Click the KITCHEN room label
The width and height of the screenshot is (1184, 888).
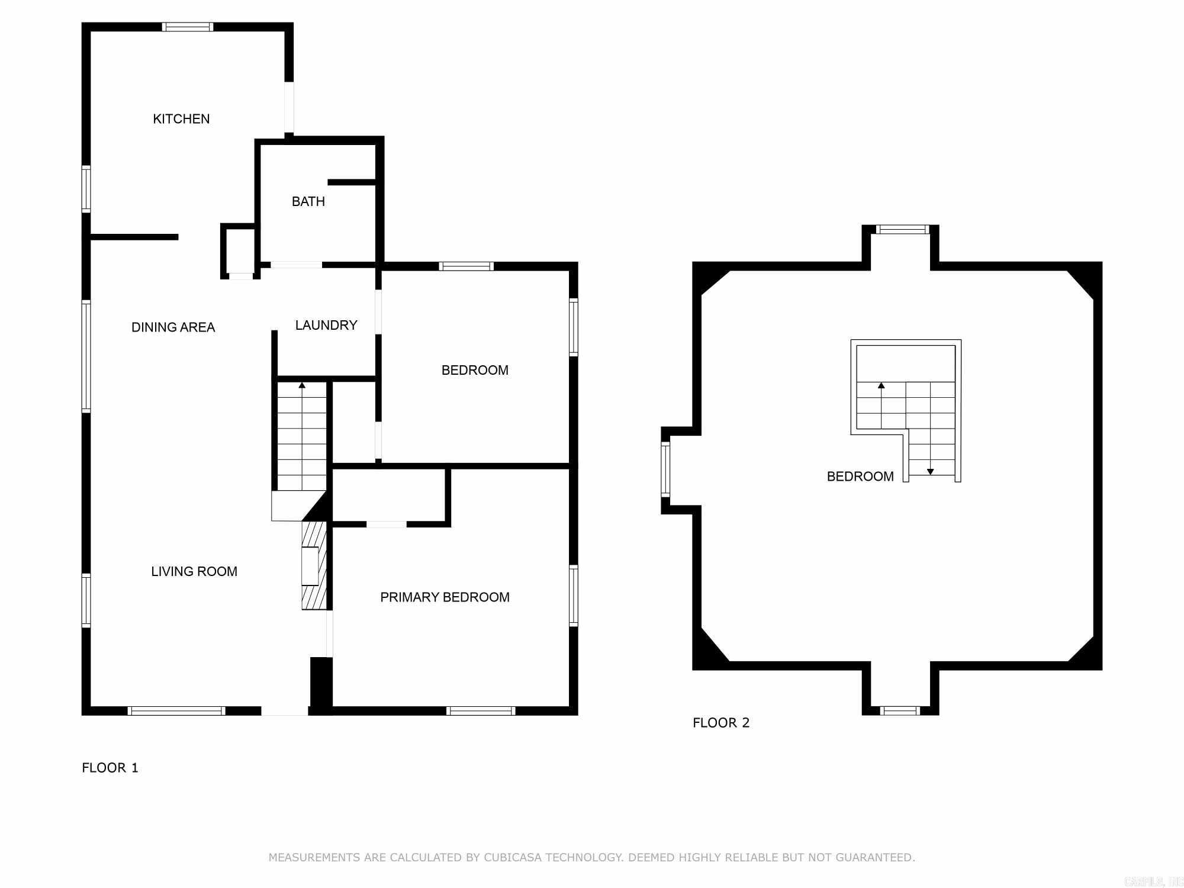[x=181, y=119]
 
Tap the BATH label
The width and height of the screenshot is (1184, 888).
[x=308, y=201]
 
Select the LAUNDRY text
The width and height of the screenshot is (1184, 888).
[x=326, y=325]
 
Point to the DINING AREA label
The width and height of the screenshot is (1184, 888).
[x=173, y=327]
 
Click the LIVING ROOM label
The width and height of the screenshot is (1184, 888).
[x=194, y=571]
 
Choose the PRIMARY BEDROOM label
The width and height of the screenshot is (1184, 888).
[x=445, y=597]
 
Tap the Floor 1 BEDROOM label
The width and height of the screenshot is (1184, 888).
[x=475, y=370]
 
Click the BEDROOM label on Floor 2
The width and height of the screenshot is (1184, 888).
[x=860, y=477]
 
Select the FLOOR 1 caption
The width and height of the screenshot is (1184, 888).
[x=110, y=768]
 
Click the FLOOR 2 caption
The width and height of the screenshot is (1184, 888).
[x=721, y=723]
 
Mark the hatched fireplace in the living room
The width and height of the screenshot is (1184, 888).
[x=313, y=565]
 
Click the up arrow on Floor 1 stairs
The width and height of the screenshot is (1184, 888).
[x=302, y=386]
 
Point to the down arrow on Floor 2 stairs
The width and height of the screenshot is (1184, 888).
[x=930, y=471]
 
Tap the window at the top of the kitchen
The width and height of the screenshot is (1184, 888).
[x=188, y=27]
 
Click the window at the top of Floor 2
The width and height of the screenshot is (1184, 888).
[x=903, y=230]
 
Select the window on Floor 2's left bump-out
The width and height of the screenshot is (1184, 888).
[x=665, y=469]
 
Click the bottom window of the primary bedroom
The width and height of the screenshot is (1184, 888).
[x=480, y=711]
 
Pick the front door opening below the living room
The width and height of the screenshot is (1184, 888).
[x=285, y=711]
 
